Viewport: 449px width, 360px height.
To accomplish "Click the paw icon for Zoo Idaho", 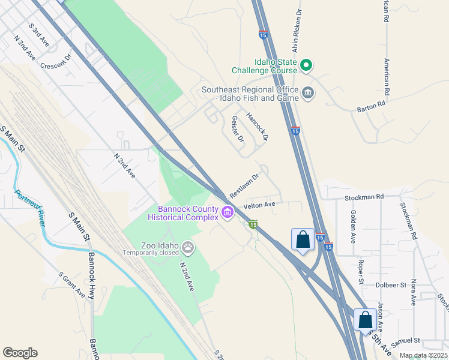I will pos(188,246).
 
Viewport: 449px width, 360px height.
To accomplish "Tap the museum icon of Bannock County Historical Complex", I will pos(228,212).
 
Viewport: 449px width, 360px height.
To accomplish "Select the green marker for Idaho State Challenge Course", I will pos(306,65).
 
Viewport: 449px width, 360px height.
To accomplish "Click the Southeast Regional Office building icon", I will pos(308,93).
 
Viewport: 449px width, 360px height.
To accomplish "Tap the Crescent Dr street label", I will pos(56,62).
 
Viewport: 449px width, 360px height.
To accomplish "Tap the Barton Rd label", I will pos(370,106).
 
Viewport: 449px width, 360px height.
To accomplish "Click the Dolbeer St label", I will pos(393,284).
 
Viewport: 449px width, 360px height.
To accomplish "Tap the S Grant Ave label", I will pos(71,284).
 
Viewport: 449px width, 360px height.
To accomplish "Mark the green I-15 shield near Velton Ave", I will pos(253,224).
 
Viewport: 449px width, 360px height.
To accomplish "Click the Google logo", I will pos(20,353).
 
